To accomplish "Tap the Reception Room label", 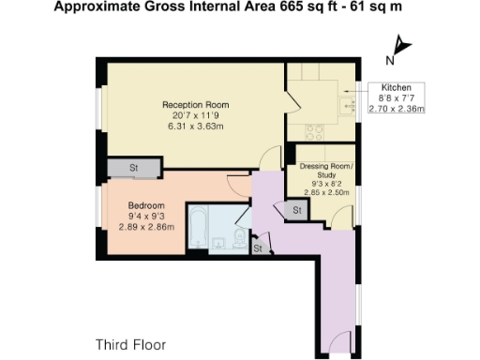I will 195,104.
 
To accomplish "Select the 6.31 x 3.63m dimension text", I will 195,126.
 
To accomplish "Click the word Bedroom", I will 146,205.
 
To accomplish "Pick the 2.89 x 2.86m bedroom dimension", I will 146,226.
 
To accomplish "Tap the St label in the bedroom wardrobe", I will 134,169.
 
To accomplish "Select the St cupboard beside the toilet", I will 257,247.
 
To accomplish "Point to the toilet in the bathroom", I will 242,242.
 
